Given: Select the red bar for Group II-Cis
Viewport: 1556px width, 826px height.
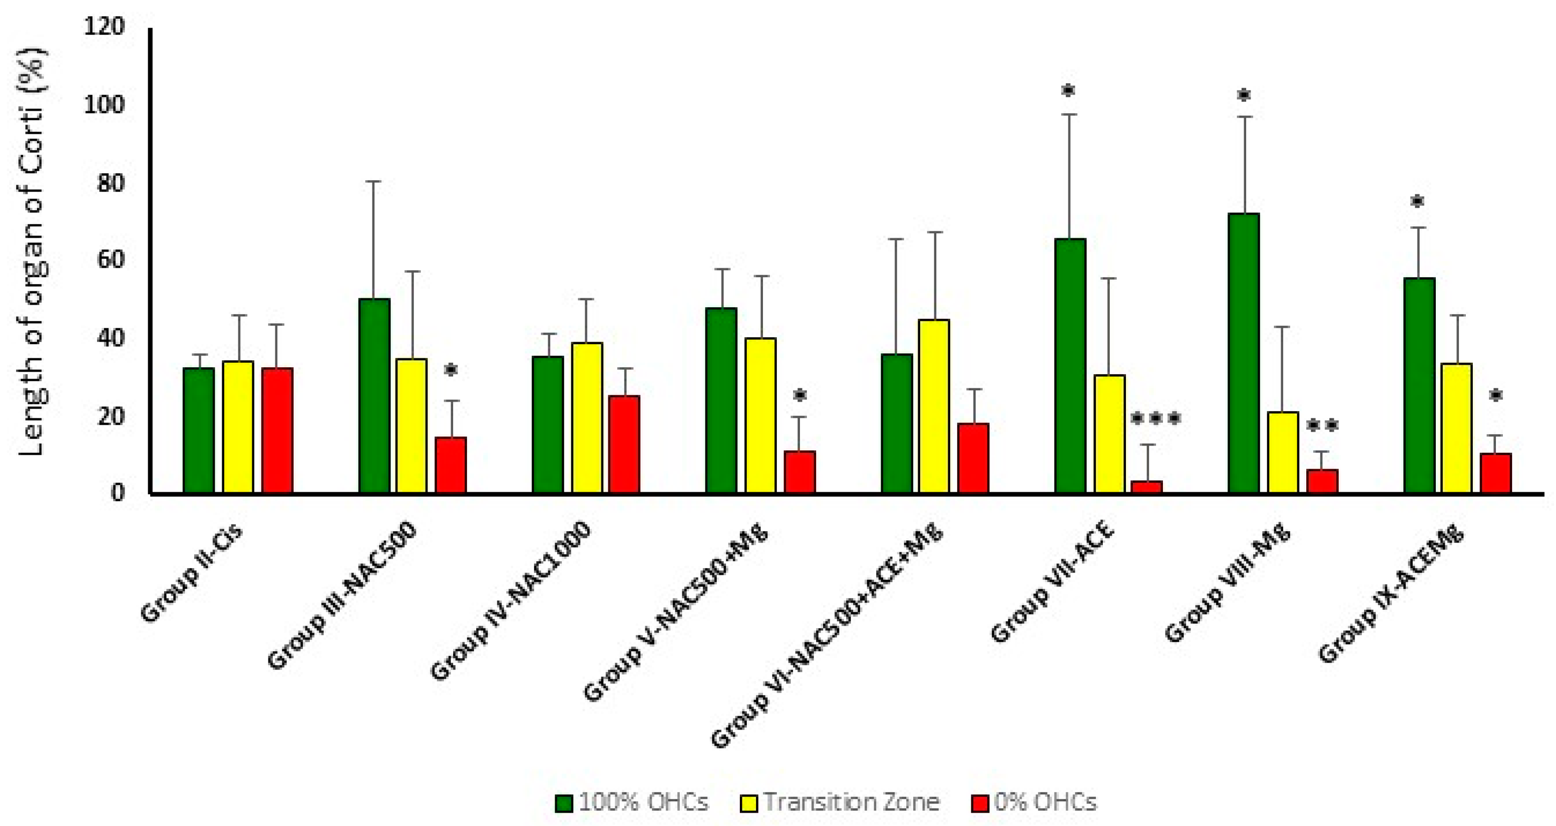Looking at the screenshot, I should click(x=277, y=430).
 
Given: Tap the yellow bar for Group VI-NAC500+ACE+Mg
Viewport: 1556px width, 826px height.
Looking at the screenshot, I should click(x=934, y=406).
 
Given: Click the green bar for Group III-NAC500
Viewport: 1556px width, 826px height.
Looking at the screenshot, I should click(x=374, y=395).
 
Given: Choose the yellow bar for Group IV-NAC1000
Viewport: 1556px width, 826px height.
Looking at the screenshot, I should click(x=587, y=418).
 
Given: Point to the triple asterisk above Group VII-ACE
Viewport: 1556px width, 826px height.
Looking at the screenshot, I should click(x=1155, y=418).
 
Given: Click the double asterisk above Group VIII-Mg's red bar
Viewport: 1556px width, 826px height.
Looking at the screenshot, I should click(x=1322, y=426).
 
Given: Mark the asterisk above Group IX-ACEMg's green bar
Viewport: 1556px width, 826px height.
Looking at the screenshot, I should click(x=1417, y=202).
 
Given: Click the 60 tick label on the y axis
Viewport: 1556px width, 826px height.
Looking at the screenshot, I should click(x=110, y=260).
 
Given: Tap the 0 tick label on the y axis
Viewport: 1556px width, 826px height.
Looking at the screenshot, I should click(x=117, y=493).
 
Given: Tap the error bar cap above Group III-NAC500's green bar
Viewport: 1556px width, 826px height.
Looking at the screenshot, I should click(x=373, y=181).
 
